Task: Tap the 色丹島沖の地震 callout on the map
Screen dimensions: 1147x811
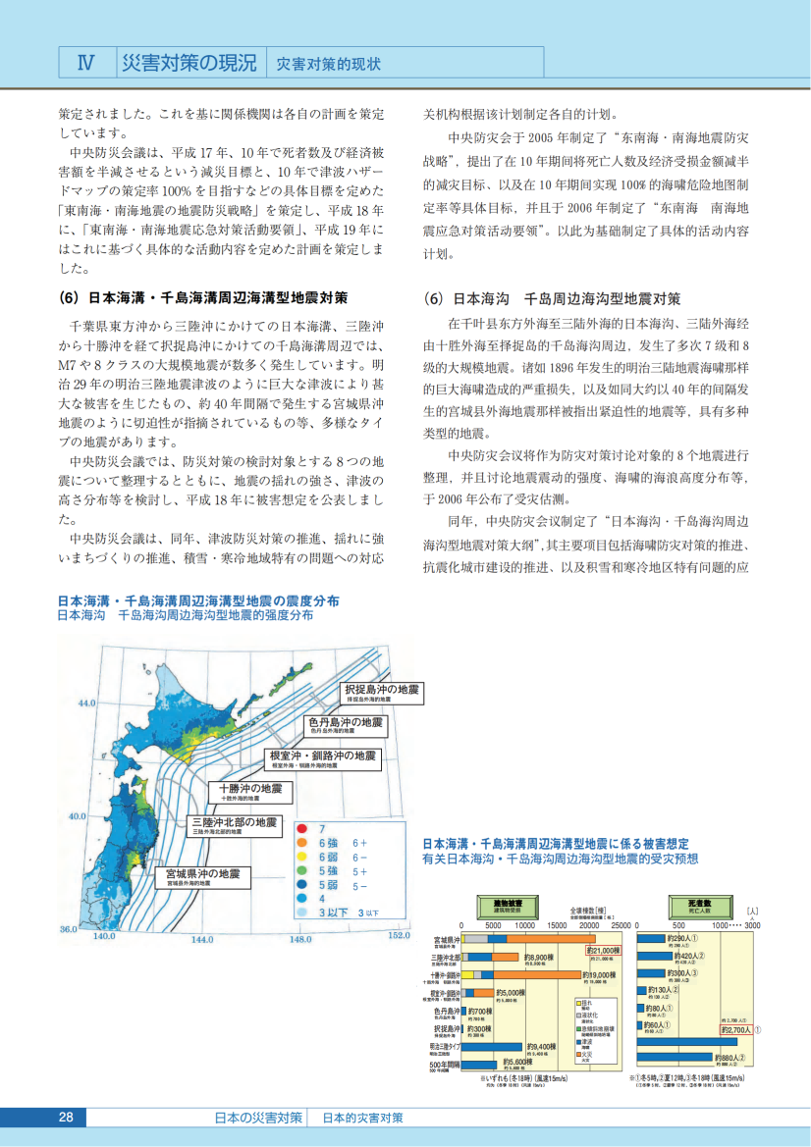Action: [345, 725]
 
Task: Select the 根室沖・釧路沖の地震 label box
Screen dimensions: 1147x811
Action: [322, 758]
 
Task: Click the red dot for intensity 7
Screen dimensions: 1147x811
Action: [301, 829]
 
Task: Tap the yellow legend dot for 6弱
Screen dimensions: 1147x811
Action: [301, 857]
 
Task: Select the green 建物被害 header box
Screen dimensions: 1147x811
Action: [508, 904]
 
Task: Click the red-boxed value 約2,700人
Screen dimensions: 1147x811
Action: [735, 1029]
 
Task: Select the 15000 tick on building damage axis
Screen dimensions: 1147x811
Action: [557, 925]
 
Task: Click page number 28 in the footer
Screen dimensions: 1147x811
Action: [66, 1118]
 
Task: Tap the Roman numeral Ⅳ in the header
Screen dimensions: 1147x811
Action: [85, 64]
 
